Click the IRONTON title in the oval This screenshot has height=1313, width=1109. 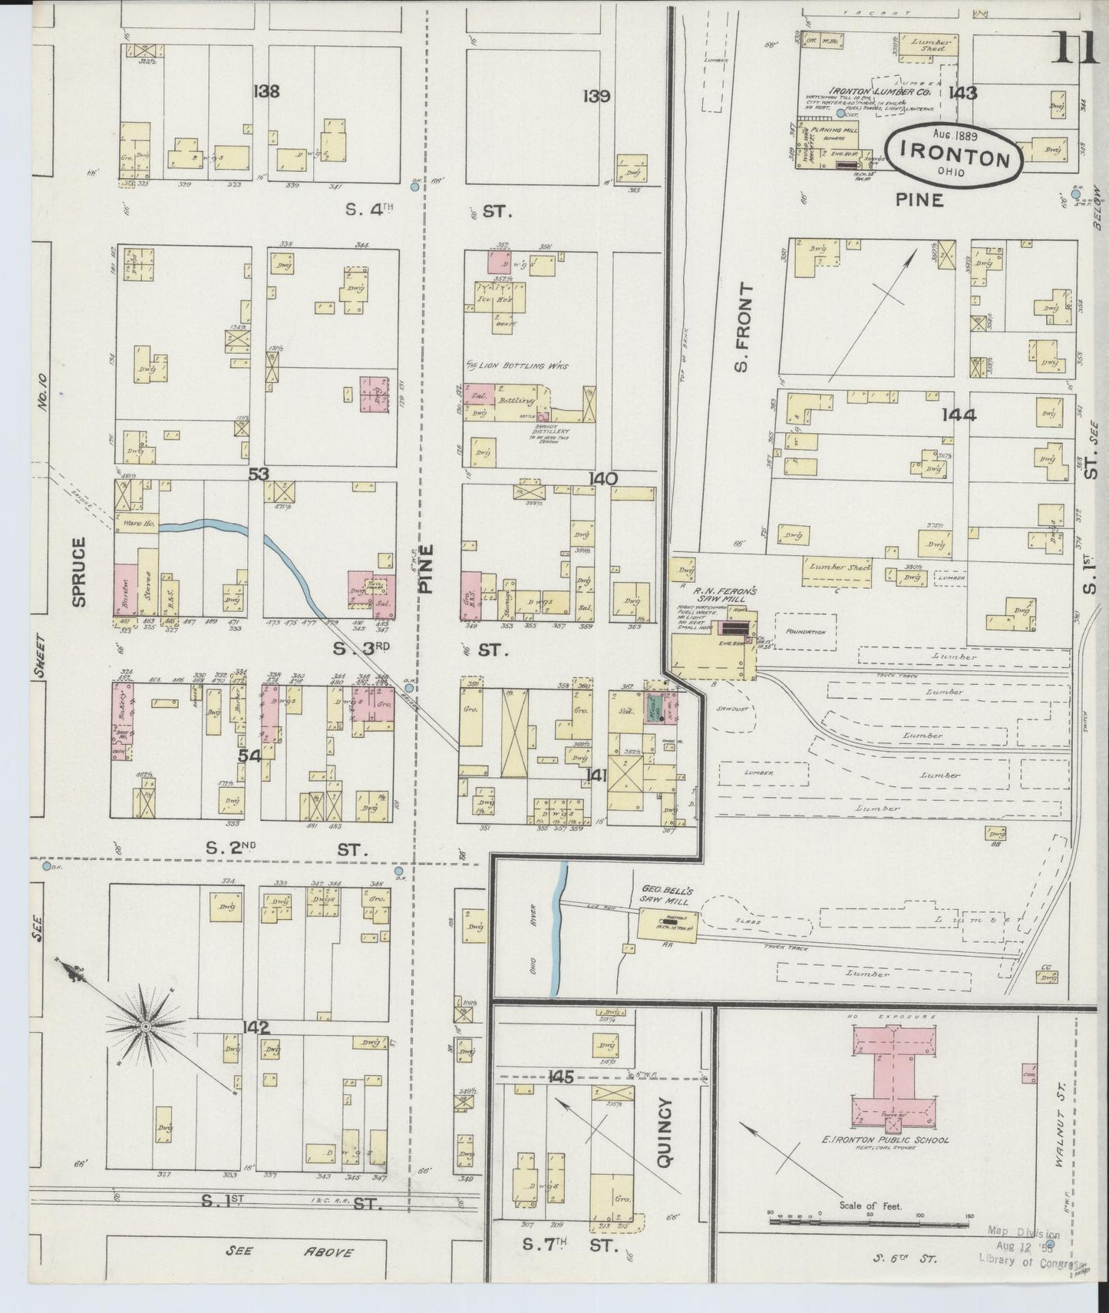[955, 158]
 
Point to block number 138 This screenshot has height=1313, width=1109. [266, 92]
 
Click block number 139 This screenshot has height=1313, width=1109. [596, 97]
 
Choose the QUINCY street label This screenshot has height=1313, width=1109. [664, 1133]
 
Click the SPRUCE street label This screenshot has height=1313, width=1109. [79, 572]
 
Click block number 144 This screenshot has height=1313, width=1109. [959, 415]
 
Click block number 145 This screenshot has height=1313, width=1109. [562, 1077]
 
